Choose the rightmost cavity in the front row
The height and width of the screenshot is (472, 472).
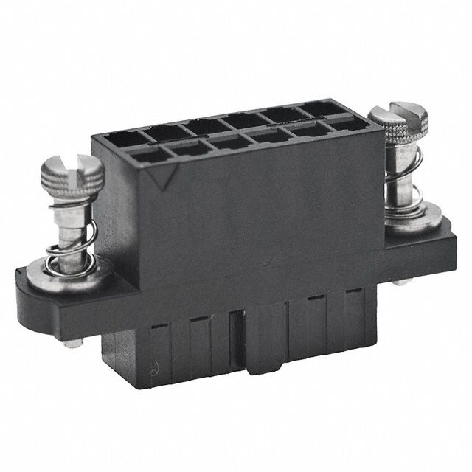[x=348, y=125]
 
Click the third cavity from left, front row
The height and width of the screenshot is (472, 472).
[x=233, y=142]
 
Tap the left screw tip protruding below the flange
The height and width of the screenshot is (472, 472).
[x=72, y=342]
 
